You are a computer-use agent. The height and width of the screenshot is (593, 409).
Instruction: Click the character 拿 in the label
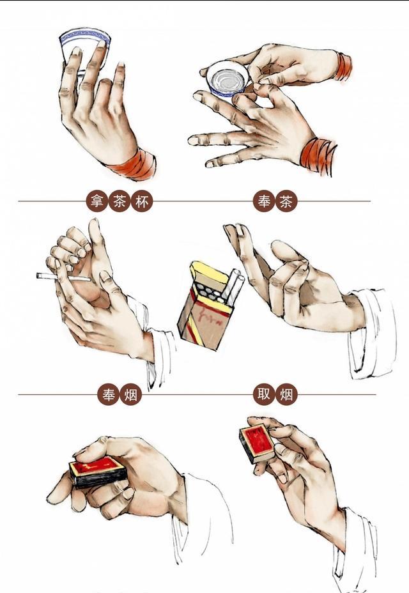coord(97,201)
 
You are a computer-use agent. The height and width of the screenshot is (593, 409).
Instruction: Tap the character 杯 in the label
coord(142,201)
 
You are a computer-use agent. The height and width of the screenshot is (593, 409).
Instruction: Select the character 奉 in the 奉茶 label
coord(264,201)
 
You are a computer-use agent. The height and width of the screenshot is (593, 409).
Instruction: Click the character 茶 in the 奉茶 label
coord(286,201)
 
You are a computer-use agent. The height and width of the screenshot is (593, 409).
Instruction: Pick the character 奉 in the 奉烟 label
coord(108,395)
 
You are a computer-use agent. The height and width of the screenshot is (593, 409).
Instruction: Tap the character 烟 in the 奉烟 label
coord(131,395)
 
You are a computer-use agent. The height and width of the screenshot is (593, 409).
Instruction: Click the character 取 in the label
coord(264,395)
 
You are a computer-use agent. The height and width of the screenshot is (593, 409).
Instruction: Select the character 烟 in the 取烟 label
coord(286,395)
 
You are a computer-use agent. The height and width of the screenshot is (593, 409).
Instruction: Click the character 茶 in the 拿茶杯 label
coord(120,201)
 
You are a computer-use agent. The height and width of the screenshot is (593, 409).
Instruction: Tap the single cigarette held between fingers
coord(63,277)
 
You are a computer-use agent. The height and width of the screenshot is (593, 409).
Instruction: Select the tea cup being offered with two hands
coord(228,80)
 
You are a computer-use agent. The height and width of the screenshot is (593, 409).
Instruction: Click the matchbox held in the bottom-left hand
coord(98,471)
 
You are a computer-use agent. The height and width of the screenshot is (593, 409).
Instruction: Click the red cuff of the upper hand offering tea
coord(343,66)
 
